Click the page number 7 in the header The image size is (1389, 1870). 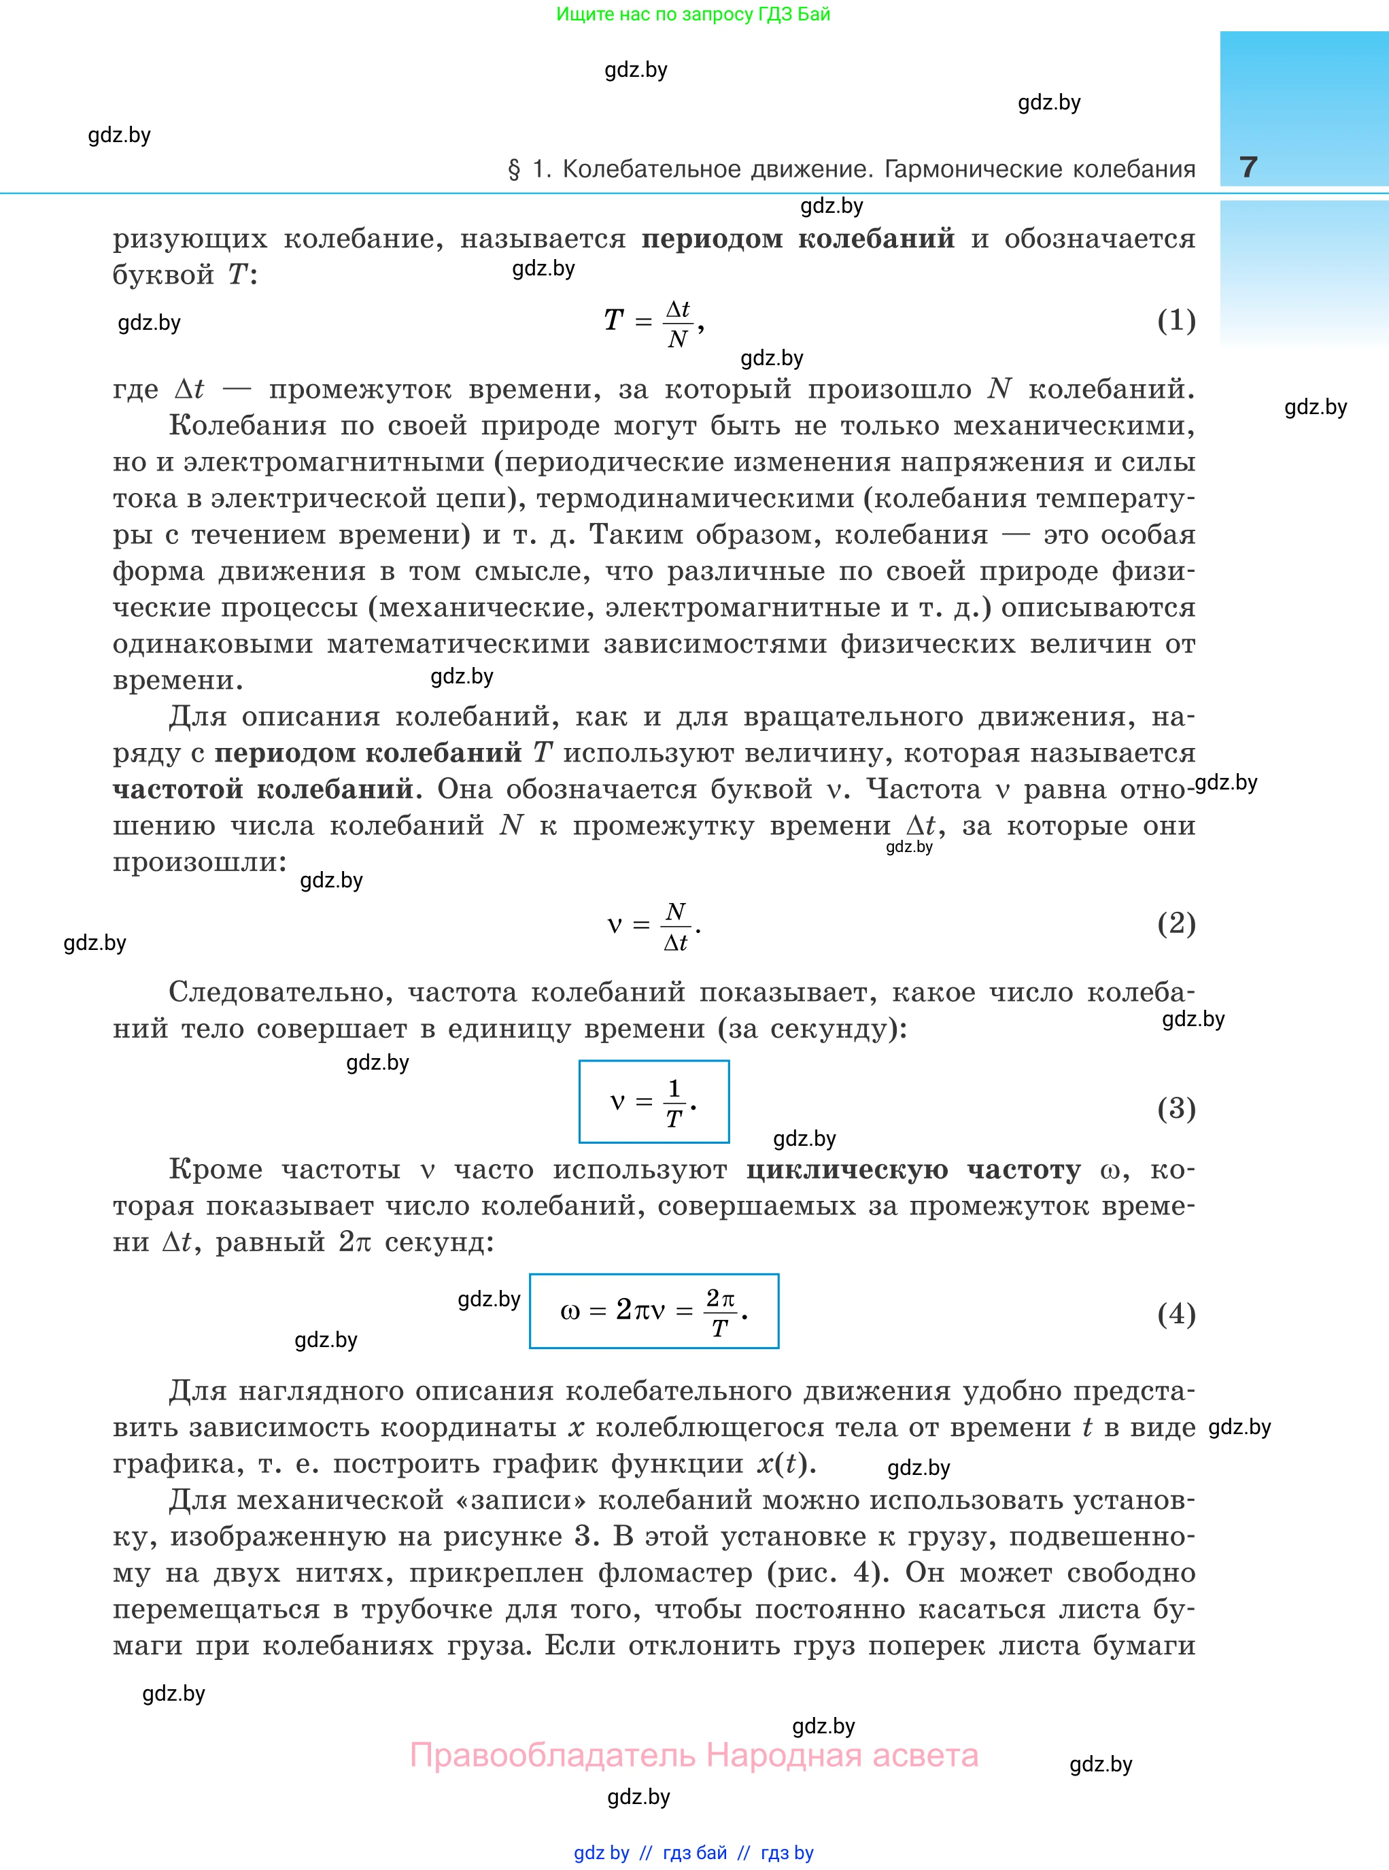1248,167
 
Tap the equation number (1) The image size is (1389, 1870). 1176,320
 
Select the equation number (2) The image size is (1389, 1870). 1176,923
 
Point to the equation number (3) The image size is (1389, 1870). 1176,1108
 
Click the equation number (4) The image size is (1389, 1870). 1176,1313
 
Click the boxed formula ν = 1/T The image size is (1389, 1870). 653,1102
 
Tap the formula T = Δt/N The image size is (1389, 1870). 653,322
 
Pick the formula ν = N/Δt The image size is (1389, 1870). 653,925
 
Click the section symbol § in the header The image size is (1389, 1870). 514,170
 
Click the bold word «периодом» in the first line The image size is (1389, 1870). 713,239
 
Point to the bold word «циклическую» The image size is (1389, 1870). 846,1170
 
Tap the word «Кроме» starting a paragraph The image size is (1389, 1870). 216,1170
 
